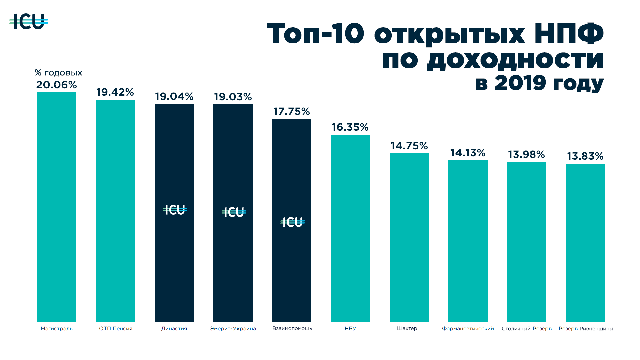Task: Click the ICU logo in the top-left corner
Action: coord(29,22)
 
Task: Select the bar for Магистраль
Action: coord(57,207)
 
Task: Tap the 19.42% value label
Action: coord(115,92)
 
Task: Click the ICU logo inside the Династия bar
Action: coord(175,210)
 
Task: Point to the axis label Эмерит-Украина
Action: coord(233,329)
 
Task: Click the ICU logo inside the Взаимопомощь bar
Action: coord(292,222)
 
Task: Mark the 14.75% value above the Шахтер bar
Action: coord(409,146)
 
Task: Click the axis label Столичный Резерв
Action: coord(526,329)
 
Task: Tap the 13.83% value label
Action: coord(585,156)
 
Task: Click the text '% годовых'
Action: coord(58,73)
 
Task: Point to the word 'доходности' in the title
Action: coord(515,60)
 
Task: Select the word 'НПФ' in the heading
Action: coord(569,34)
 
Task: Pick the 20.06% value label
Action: coord(57,85)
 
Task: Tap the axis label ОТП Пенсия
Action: coord(116,329)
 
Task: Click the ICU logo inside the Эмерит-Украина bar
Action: coord(234,212)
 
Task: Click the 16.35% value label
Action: coord(350,127)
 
